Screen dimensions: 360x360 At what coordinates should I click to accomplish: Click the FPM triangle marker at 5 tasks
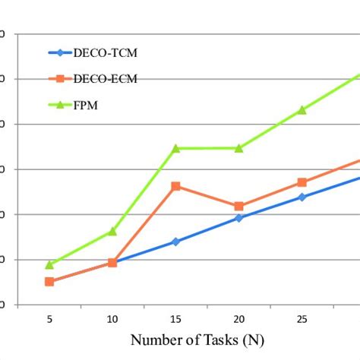[49, 264]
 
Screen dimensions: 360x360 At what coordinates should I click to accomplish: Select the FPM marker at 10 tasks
[112, 231]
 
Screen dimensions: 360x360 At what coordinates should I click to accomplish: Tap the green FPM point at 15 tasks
[175, 148]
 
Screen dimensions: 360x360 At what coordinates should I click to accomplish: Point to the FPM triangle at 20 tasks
[238, 148]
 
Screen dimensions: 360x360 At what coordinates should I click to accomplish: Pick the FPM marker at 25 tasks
[302, 110]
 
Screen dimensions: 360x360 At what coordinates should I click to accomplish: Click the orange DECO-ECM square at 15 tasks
[175, 186]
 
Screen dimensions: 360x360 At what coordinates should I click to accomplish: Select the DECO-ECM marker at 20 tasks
[238, 206]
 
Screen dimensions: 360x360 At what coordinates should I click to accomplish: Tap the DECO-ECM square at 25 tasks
[302, 182]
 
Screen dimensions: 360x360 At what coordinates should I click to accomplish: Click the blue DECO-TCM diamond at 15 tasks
[175, 242]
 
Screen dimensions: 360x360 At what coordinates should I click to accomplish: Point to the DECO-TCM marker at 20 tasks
[238, 218]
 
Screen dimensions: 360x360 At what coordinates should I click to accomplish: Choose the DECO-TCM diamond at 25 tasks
[302, 197]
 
